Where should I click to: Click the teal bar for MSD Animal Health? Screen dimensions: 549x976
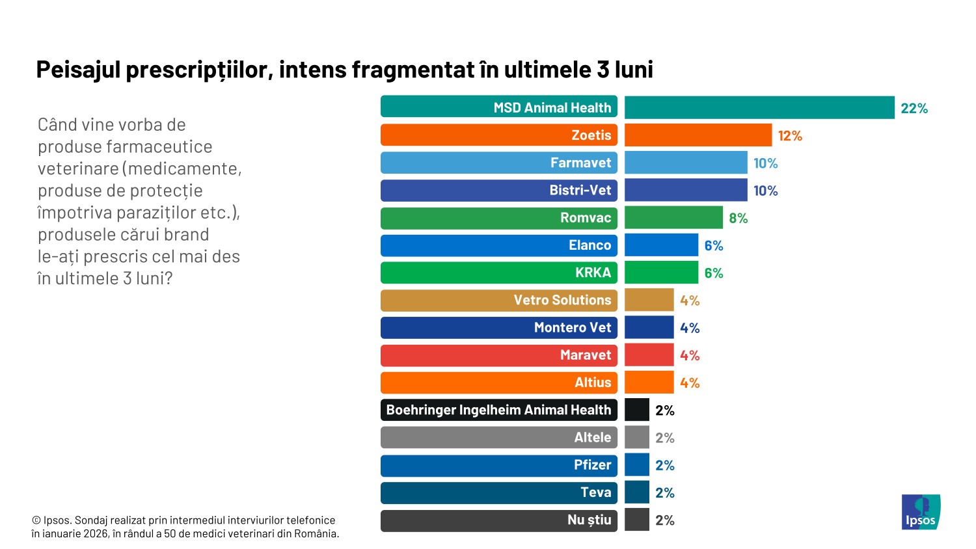point(759,108)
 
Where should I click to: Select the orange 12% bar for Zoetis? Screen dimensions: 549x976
point(698,135)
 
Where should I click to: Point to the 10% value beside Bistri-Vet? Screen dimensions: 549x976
point(765,191)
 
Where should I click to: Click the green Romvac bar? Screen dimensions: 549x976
point(673,218)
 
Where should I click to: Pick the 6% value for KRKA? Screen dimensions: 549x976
point(713,273)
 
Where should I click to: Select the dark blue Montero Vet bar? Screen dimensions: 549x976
point(649,328)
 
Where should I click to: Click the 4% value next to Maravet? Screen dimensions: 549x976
point(689,356)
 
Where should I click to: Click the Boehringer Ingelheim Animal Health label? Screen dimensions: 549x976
point(498,410)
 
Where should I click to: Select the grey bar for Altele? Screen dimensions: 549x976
point(636,438)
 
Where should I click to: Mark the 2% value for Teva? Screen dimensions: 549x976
point(664,493)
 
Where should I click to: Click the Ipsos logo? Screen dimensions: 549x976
point(921,512)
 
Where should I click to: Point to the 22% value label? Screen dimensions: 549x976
point(914,109)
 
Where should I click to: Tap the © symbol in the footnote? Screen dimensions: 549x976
point(36,520)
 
